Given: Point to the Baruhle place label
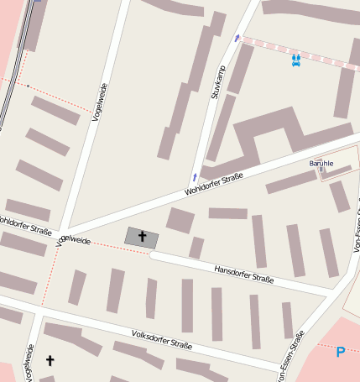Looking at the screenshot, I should (321, 163).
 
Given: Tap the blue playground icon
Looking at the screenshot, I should (296, 60).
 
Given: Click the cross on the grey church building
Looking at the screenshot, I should (141, 238).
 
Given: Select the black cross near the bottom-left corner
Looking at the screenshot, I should (50, 361).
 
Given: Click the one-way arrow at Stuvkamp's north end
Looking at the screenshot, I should (237, 38).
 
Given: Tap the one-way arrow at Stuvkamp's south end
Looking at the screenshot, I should (196, 177).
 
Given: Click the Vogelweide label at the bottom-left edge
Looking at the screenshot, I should (29, 363).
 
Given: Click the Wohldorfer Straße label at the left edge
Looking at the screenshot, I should (25, 226).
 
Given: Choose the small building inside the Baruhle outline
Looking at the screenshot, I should (337, 172).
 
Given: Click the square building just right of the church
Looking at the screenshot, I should (180, 221).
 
